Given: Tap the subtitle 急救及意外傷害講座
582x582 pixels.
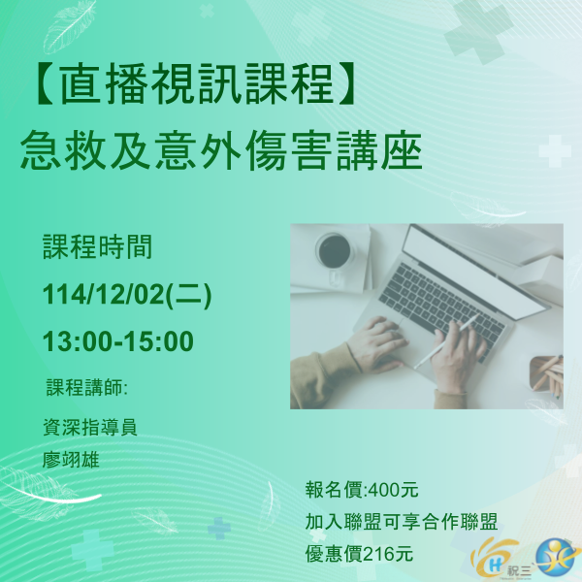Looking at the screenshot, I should pyautogui.click(x=221, y=153).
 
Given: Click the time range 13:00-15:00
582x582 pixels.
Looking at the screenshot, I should pyautogui.click(x=118, y=341).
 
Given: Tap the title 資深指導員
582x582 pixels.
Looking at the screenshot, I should pyautogui.click(x=90, y=428).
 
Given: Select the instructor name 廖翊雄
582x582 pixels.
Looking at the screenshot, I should pyautogui.click(x=73, y=458).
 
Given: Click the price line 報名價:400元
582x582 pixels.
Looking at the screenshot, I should pyautogui.click(x=361, y=489).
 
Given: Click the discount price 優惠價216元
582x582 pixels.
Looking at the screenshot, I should pyautogui.click(x=359, y=554).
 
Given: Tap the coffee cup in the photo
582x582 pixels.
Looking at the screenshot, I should pyautogui.click(x=335, y=250).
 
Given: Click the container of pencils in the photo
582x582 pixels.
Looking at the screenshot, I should pyautogui.click(x=546, y=376).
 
